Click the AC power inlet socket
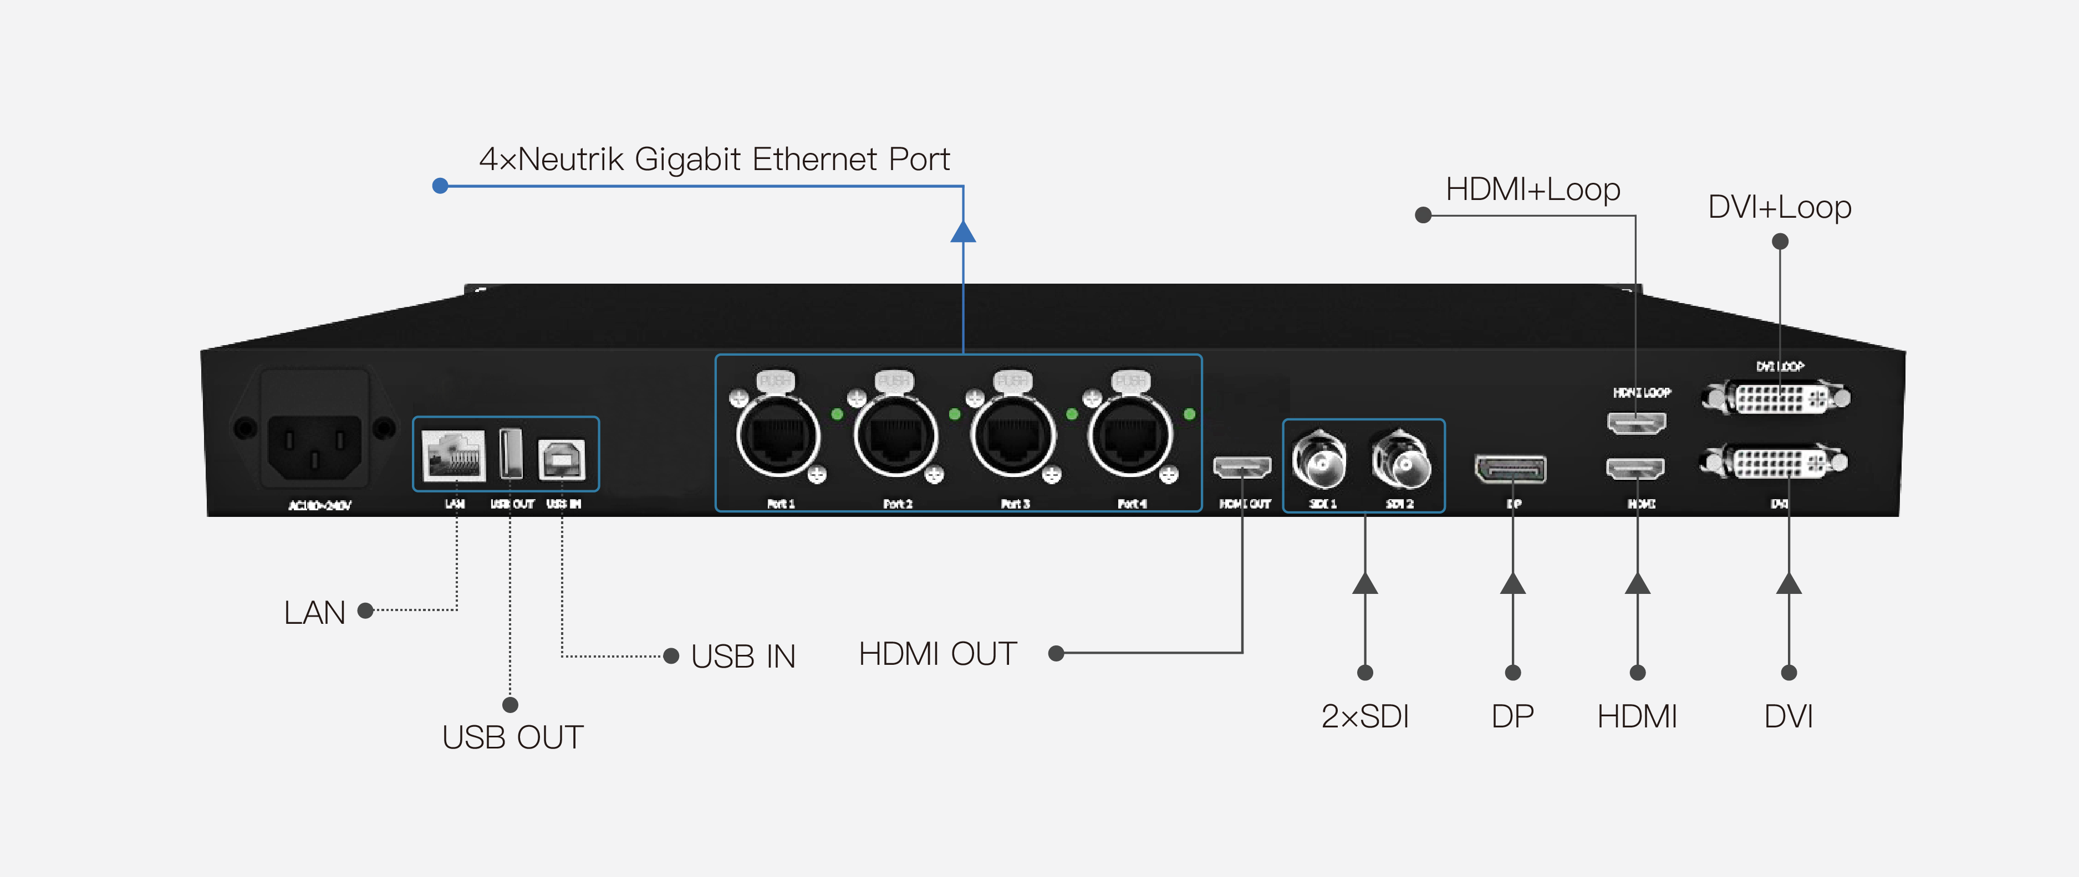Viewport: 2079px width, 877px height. click(x=314, y=446)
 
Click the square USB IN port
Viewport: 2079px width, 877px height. click(x=562, y=458)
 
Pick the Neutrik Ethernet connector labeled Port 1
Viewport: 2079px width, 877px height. click(x=778, y=437)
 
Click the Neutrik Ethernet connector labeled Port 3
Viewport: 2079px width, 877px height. click(x=1013, y=437)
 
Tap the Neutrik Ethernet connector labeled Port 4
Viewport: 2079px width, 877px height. click(x=1130, y=437)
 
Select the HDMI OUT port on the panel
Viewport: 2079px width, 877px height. click(x=1242, y=466)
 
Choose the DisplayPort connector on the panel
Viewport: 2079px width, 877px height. click(x=1511, y=469)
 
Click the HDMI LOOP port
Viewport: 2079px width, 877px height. click(x=1636, y=422)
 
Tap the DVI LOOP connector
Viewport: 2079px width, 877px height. click(x=1776, y=398)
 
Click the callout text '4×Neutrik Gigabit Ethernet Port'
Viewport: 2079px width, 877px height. click(x=714, y=159)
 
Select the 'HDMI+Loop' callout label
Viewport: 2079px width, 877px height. click(x=1532, y=189)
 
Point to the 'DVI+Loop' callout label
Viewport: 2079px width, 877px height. click(x=1779, y=207)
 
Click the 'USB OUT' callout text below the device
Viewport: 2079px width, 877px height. click(x=512, y=737)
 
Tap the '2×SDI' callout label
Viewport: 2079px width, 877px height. click(x=1365, y=716)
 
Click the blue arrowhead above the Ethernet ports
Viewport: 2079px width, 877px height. click(x=963, y=232)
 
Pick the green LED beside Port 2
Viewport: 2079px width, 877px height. click(x=955, y=414)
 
